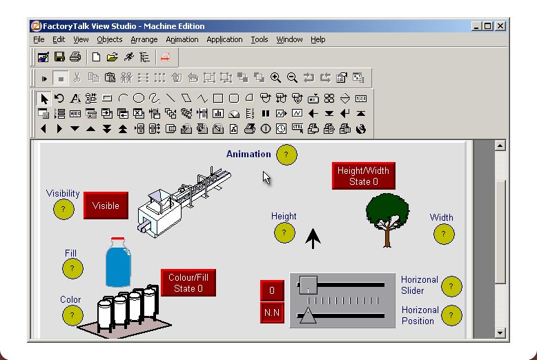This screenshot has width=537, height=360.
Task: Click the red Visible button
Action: (106, 206)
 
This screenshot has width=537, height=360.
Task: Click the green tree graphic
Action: (387, 219)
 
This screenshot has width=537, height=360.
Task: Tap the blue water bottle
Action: (118, 263)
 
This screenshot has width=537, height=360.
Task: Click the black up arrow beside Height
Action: (313, 239)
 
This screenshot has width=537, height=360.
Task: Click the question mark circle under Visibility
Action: (63, 209)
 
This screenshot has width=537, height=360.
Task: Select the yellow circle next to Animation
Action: (286, 155)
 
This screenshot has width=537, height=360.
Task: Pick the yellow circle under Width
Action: (444, 234)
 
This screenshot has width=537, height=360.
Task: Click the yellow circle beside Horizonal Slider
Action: (451, 286)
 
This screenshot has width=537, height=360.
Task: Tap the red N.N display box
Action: (272, 312)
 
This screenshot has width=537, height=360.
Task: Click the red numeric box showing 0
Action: (272, 290)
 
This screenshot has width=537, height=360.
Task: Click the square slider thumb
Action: (308, 284)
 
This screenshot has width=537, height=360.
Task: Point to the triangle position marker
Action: (307, 316)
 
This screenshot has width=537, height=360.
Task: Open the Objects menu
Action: (109, 39)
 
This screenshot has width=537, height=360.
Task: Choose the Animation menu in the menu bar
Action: (182, 39)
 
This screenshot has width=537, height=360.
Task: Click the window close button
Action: (500, 26)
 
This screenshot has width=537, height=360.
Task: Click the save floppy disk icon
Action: (59, 57)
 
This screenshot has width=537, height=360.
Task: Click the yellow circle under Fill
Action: (72, 268)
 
